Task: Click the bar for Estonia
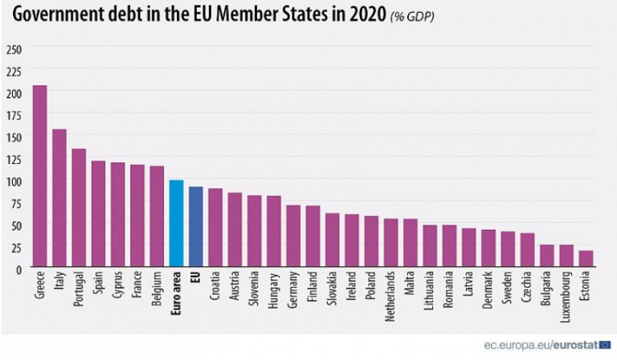pyautogui.click(x=585, y=259)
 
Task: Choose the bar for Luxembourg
pyautogui.click(x=566, y=256)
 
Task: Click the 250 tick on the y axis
pyautogui.click(x=14, y=50)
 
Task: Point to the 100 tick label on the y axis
pyautogui.click(x=14, y=181)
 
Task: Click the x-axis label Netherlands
pyautogui.click(x=391, y=297)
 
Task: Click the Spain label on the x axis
pyautogui.click(x=99, y=286)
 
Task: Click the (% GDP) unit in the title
pyautogui.click(x=412, y=17)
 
